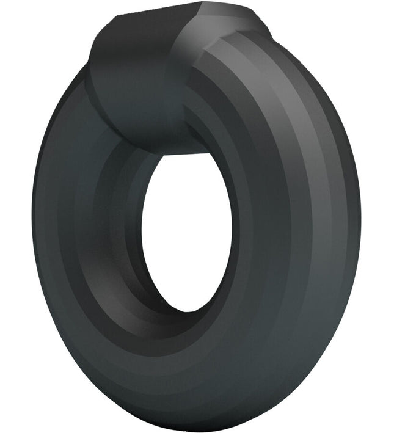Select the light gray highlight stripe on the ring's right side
pyautogui.click(x=318, y=183)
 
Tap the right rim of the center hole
pyautogui.click(x=231, y=226)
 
